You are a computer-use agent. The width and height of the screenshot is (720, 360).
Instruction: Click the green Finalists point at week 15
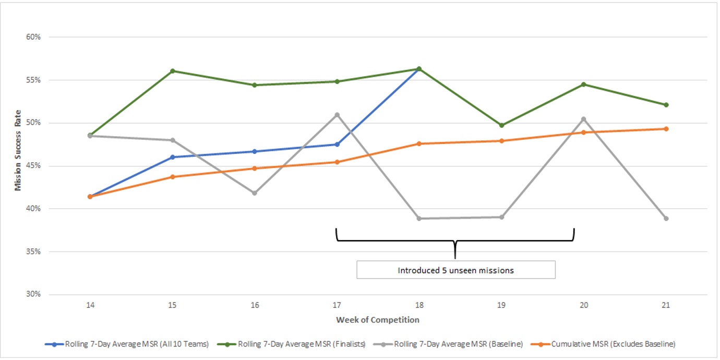(172, 71)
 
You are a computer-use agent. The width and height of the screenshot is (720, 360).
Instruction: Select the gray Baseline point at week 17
(337, 115)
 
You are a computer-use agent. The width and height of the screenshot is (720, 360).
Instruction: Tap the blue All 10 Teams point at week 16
(255, 151)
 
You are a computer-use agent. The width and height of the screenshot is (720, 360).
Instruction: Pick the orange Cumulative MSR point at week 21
(666, 129)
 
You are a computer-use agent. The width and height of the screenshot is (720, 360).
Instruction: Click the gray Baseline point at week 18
(419, 218)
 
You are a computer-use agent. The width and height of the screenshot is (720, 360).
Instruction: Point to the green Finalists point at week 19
(501, 125)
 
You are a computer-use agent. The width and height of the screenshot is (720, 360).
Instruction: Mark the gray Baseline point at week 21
(666, 218)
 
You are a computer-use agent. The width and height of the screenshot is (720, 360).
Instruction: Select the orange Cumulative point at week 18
(419, 143)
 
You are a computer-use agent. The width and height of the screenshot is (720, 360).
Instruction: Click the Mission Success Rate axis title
(18, 150)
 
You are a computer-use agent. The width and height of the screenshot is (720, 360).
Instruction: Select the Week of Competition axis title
(378, 319)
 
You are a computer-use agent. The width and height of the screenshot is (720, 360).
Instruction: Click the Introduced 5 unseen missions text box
(455, 270)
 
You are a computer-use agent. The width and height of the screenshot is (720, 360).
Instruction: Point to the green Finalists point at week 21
(666, 105)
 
